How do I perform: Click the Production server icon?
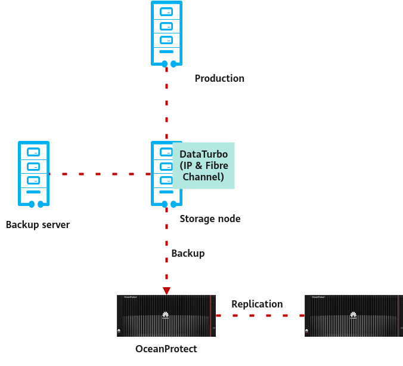[166, 33]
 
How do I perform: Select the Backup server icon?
[33, 174]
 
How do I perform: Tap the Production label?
[219, 78]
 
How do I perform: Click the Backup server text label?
[38, 225]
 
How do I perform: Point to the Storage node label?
[210, 219]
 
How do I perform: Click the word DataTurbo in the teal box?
[203, 154]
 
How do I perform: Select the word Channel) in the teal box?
[203, 177]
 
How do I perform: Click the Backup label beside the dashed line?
[188, 253]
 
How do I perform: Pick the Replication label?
[257, 304]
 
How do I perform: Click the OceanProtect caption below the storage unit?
[166, 349]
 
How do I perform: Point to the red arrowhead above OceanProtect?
[166, 291]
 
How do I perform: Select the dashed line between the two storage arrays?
[260, 315]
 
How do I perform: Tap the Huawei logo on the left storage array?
[166, 315]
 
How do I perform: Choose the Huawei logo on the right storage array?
[354, 315]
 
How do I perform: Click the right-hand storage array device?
[354, 315]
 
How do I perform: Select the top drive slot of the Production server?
[166, 11]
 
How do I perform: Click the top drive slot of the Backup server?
[33, 152]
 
